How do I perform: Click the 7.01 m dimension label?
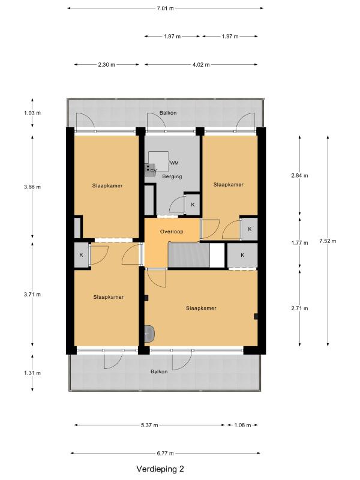click(x=166, y=8)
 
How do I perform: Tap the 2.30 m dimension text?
click(x=107, y=65)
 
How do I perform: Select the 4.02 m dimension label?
click(x=201, y=65)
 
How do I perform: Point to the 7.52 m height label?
click(x=328, y=241)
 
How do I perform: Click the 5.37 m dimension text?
click(x=149, y=425)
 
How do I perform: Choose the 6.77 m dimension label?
click(x=166, y=454)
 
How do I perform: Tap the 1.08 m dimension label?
click(x=242, y=425)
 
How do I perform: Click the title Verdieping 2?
click(x=160, y=469)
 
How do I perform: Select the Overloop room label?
click(x=172, y=232)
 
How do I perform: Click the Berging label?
click(x=172, y=176)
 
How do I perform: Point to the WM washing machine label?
click(x=174, y=163)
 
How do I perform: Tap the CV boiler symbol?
click(x=149, y=169)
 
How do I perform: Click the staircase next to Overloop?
click(x=189, y=254)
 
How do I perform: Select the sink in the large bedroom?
click(x=149, y=333)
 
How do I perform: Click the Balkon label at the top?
click(x=168, y=113)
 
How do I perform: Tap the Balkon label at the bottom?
click(x=159, y=371)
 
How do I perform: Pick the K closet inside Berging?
click(x=193, y=204)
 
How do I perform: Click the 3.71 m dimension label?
click(x=32, y=295)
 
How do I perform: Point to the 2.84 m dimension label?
click(x=299, y=175)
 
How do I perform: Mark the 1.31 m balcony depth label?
click(x=32, y=373)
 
